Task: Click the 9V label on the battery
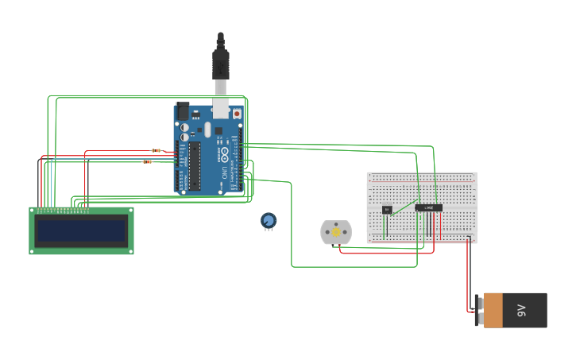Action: (x=522, y=309)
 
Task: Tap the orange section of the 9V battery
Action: (x=493, y=310)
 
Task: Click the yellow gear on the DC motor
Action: (x=335, y=232)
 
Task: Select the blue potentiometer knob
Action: (x=269, y=220)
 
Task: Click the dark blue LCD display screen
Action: (x=82, y=231)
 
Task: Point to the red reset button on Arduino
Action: (x=237, y=114)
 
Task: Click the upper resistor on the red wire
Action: (x=157, y=150)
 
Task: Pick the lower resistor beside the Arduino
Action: (x=148, y=161)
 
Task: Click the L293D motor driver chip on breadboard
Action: (x=429, y=208)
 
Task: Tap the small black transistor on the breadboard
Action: (x=387, y=210)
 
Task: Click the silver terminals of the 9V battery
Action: (x=478, y=310)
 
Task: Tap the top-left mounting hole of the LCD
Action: (x=34, y=211)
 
